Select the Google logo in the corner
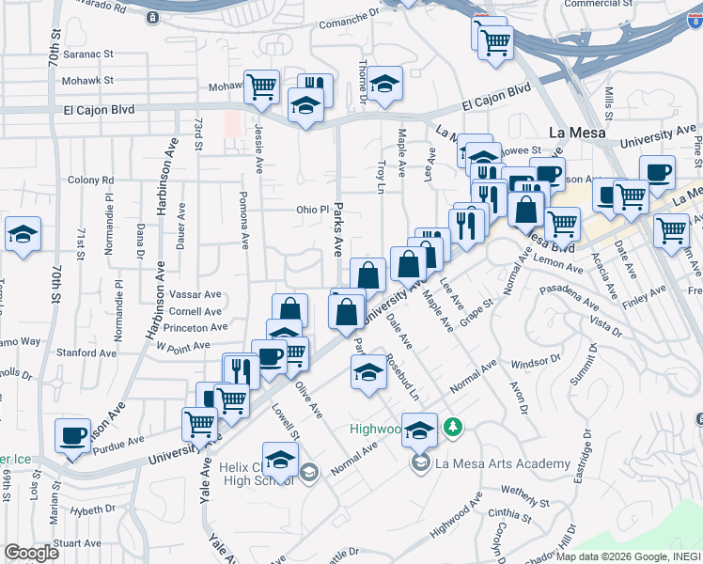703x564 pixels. [31, 553]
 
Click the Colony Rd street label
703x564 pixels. [90, 180]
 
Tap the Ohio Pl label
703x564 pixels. [313, 210]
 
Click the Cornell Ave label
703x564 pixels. [195, 311]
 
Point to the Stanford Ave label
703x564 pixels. [86, 353]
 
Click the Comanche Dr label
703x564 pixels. [347, 23]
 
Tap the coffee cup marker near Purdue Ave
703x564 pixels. [72, 436]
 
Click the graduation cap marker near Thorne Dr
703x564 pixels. [383, 85]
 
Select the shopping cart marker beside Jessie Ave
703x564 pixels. [261, 87]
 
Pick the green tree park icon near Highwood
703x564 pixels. [454, 429]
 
